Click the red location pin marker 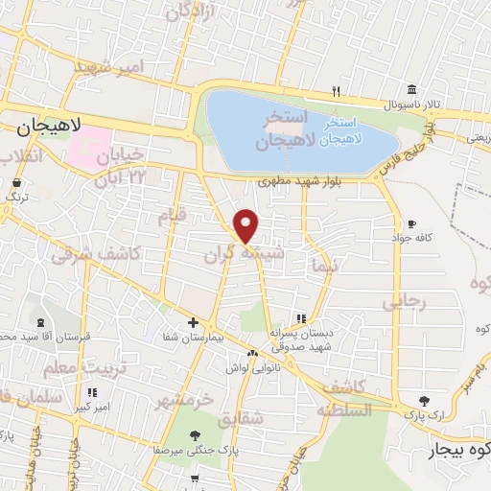(x=247, y=225)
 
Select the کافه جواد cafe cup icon (x=412, y=222)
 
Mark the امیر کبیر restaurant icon (x=92, y=392)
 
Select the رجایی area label (x=403, y=301)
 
